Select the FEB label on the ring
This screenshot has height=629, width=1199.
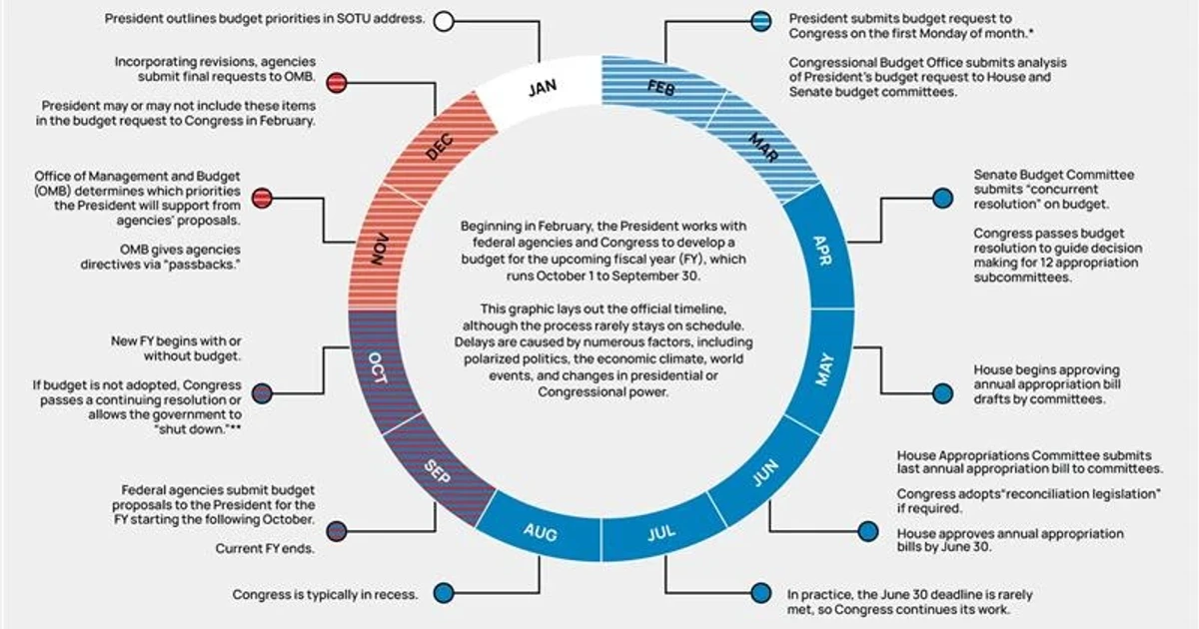661,88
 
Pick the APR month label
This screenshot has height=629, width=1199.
822,251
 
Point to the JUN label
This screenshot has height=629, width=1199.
766,473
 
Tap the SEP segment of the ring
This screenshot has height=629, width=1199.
438,470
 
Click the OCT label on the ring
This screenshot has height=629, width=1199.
378,367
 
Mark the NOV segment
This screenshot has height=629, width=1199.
381,249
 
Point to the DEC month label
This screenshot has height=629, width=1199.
440,147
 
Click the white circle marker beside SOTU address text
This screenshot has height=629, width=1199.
444,21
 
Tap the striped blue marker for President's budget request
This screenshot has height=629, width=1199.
760,21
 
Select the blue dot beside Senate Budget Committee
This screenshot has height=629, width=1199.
942,198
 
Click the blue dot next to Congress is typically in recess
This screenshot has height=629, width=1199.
444,593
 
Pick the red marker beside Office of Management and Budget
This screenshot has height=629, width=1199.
262,198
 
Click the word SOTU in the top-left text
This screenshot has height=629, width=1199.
354,19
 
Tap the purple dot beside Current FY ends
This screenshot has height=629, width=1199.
337,531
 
